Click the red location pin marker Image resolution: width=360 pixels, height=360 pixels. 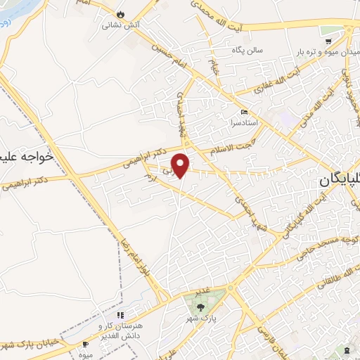[x=182, y=165]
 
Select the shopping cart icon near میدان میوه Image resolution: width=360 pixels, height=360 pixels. [x=348, y=31]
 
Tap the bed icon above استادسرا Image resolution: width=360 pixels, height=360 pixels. [x=244, y=112]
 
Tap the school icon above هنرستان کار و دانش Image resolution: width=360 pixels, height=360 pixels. [x=120, y=314]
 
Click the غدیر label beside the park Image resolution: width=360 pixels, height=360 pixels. [x=204, y=290]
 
